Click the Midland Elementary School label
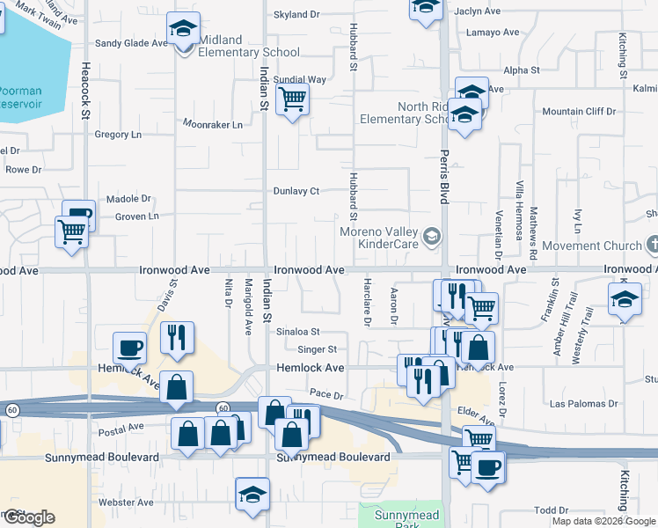(x=249, y=46)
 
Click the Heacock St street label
(x=86, y=88)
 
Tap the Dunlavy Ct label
(x=295, y=191)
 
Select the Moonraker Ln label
(x=212, y=125)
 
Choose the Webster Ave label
(x=127, y=502)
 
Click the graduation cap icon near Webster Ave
(x=252, y=494)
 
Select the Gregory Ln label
(x=118, y=135)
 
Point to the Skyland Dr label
(x=296, y=15)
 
